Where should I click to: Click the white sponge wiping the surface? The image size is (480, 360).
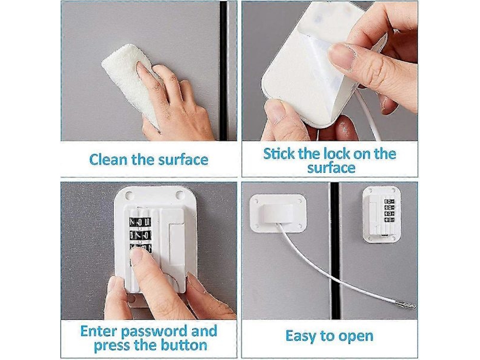point(128,83)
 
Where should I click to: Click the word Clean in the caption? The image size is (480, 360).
point(108,160)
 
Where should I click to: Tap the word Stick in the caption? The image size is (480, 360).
point(279,154)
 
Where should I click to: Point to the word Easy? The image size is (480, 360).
point(301,336)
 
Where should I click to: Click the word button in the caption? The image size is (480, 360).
point(184,345)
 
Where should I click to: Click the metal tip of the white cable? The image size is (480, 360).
point(407,304)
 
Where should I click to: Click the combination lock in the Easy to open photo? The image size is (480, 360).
point(382,214)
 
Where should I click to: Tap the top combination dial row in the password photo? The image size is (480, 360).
point(140,222)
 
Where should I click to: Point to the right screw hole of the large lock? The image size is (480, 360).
point(179,195)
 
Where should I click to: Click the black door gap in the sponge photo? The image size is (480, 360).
point(224,70)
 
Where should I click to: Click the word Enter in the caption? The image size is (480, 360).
point(99,331)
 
